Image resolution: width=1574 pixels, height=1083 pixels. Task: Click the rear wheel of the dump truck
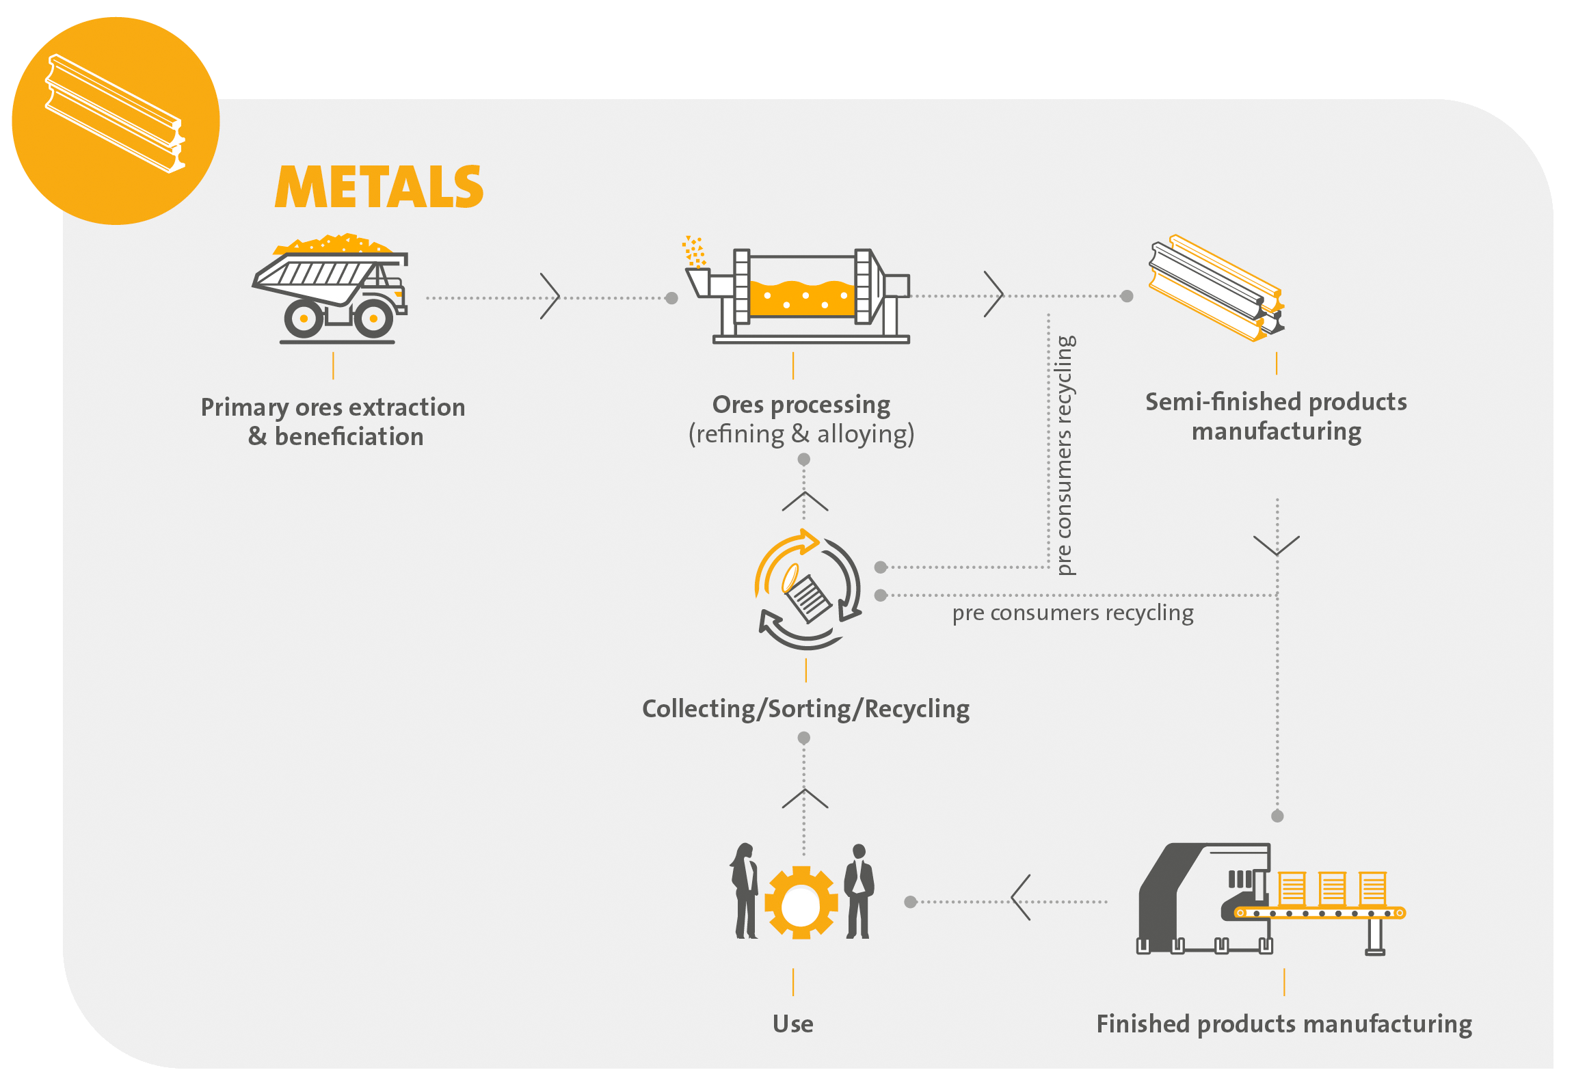303,319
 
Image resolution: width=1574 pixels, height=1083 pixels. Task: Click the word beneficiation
349,437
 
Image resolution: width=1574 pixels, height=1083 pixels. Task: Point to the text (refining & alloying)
801,434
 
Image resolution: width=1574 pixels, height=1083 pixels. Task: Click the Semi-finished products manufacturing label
1276,416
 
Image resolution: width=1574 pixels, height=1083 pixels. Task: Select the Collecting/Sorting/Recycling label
805,709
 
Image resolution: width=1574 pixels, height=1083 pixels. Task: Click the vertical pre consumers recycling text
1065,455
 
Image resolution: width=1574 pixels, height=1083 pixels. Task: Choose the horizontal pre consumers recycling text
1072,613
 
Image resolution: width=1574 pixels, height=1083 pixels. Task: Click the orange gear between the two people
801,903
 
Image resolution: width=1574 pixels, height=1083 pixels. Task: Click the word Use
793,1024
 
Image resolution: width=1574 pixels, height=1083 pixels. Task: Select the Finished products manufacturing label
1284,1024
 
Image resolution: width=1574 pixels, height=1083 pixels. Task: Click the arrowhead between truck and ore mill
550,297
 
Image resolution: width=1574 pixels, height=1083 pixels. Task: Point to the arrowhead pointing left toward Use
1020,898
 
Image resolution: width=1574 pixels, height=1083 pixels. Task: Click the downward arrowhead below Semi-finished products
1277,546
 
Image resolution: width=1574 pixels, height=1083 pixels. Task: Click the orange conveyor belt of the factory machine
1320,913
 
